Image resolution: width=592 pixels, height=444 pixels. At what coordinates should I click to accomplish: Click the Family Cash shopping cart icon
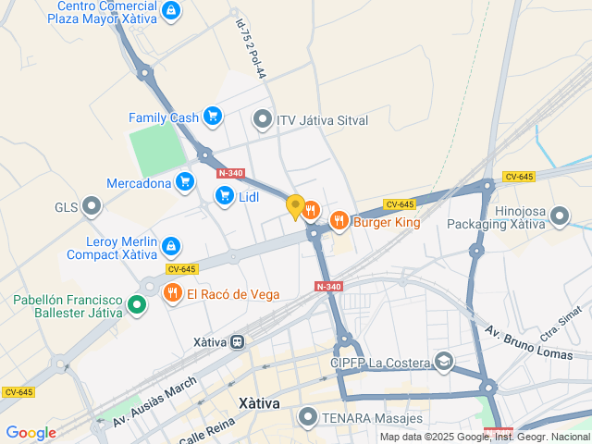(214, 117)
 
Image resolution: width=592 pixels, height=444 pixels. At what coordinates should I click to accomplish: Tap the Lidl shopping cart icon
(224, 195)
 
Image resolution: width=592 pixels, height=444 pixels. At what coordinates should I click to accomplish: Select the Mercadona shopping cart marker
(185, 181)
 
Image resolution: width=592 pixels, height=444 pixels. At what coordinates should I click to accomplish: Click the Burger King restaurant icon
(339, 220)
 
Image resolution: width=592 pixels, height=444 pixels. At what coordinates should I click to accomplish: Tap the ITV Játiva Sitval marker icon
(263, 119)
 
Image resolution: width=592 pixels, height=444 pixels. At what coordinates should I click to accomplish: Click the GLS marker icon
(92, 205)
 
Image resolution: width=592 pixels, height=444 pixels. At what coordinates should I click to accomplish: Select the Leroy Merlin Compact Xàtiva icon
(171, 246)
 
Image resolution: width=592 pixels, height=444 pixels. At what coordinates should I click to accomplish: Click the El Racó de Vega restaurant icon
(172, 294)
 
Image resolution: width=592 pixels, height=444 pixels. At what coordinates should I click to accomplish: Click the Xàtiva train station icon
(238, 341)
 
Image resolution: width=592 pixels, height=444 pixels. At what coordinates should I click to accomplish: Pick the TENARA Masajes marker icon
(307, 417)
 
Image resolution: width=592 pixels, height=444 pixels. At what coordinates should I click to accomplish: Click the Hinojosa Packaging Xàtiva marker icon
(560, 216)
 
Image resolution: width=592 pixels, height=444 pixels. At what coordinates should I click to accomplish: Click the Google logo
(31, 432)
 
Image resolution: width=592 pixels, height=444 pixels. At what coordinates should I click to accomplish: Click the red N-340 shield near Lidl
(230, 173)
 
